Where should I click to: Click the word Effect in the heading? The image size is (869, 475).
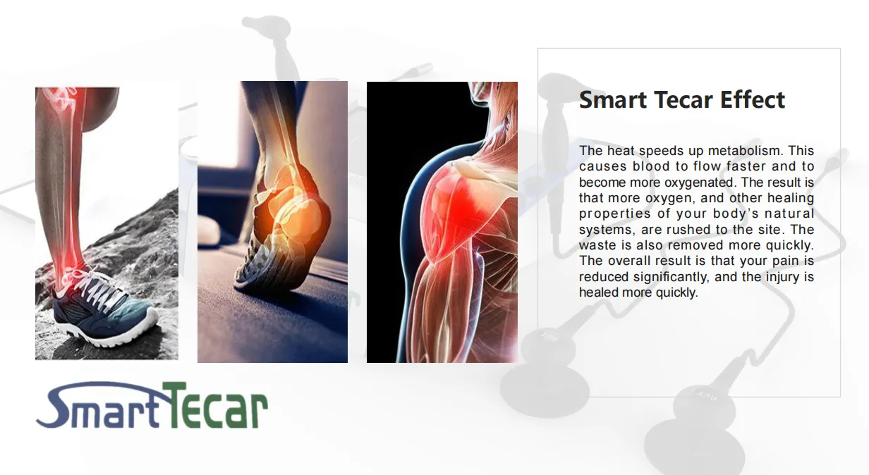[x=753, y=99]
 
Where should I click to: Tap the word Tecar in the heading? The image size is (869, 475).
[x=684, y=99]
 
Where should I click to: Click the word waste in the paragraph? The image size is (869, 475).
[x=596, y=245]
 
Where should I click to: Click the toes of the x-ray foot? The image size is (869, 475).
[x=253, y=268]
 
